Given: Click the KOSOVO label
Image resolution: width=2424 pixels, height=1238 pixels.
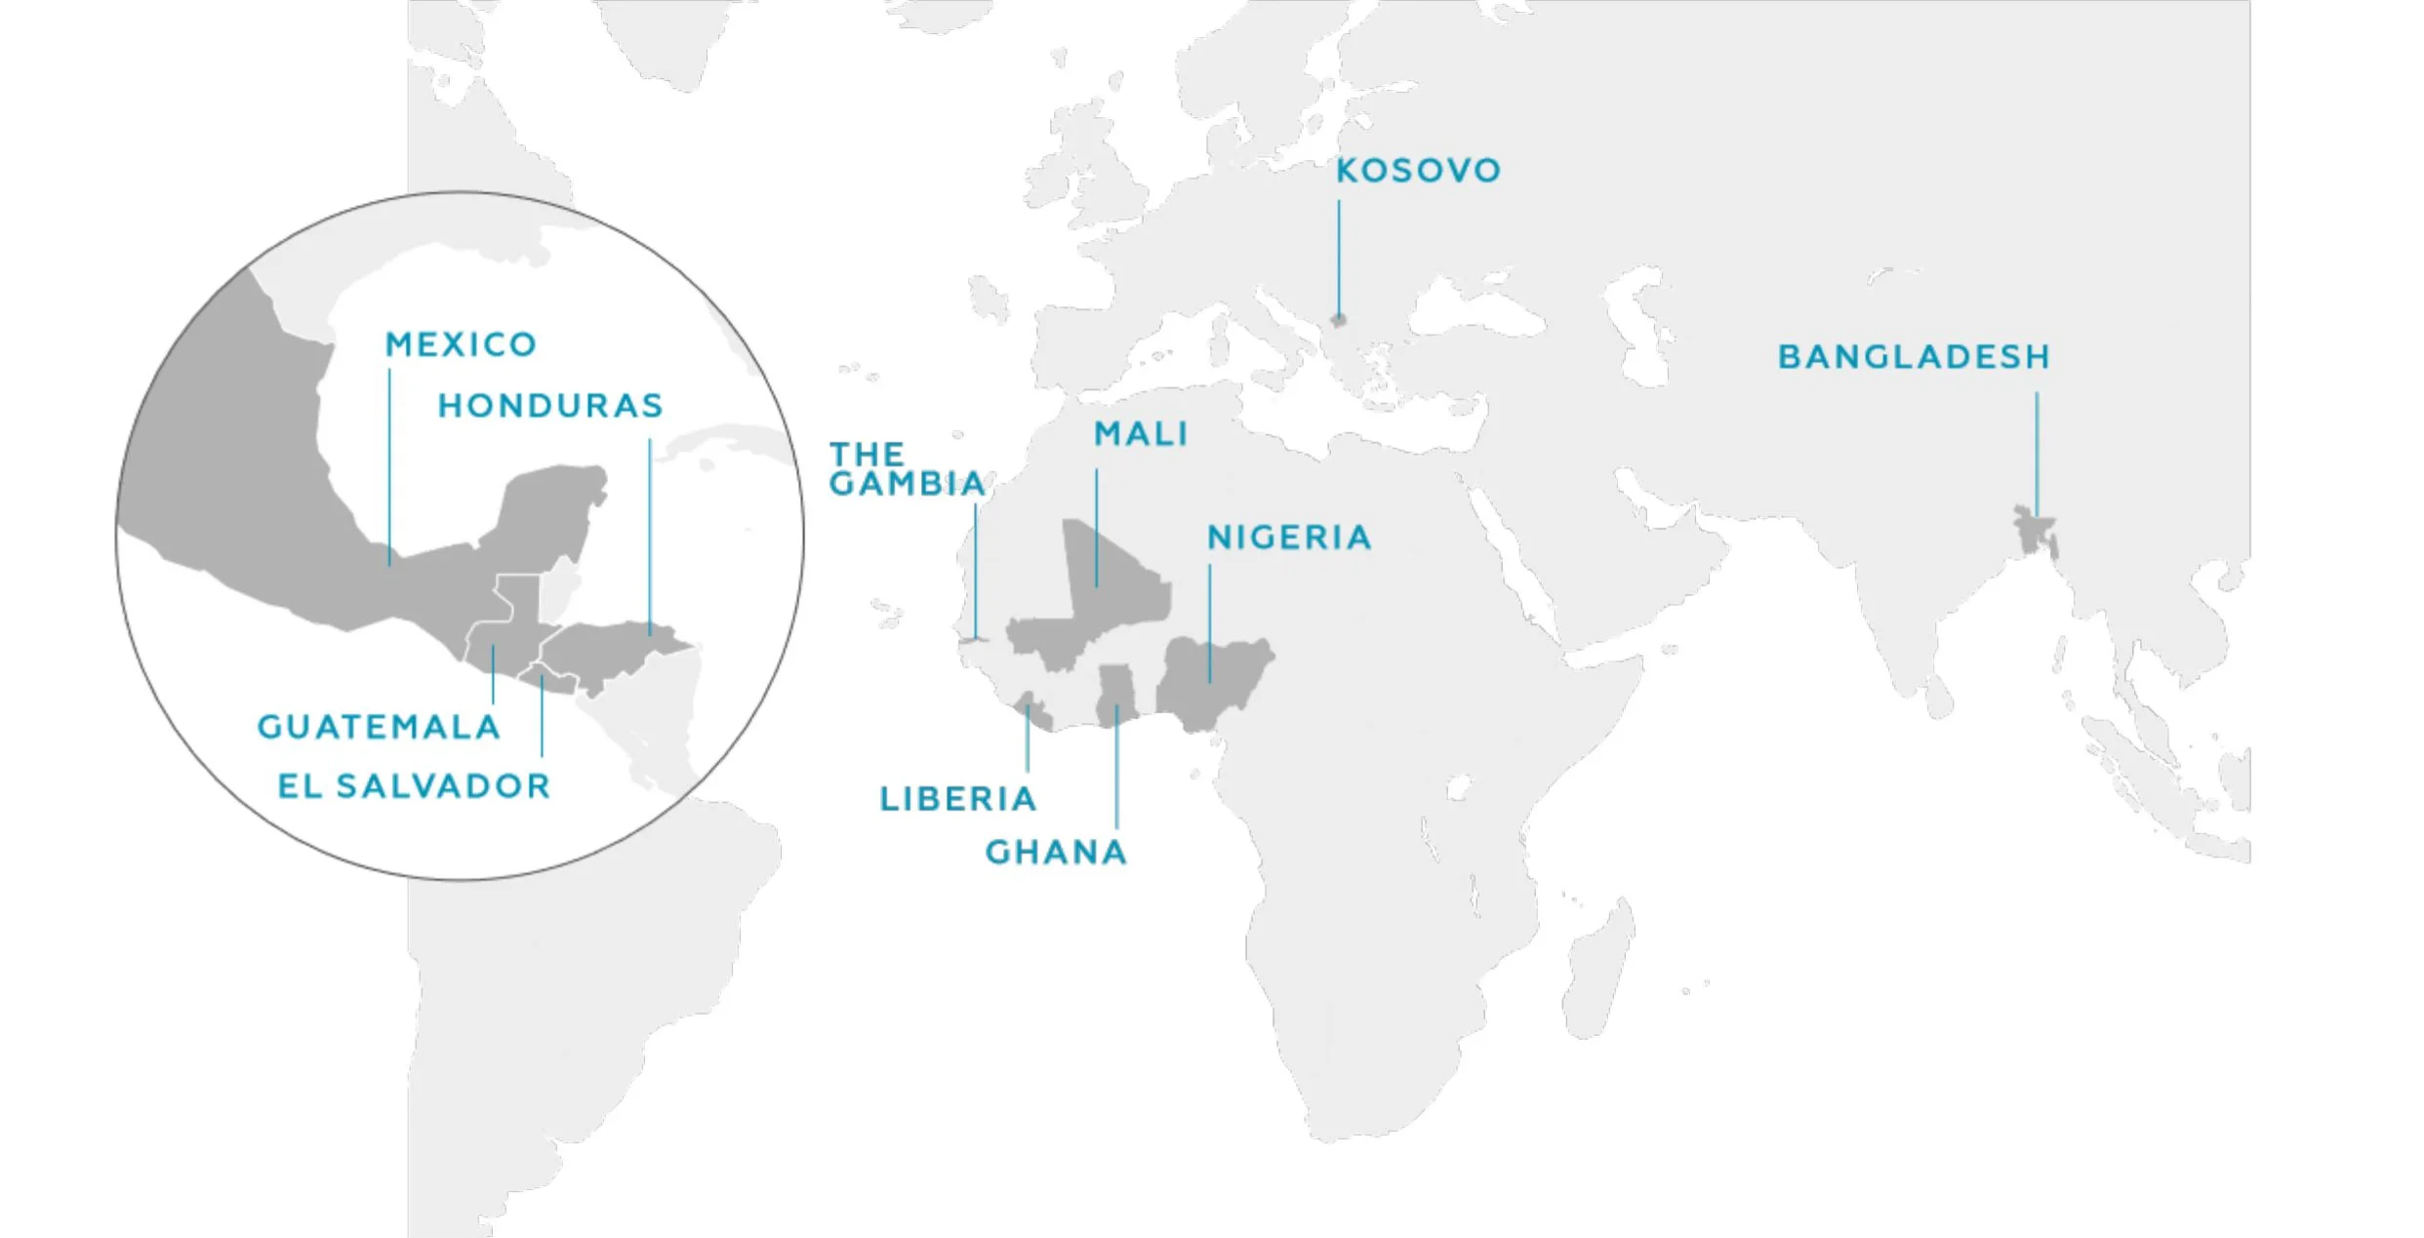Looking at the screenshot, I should click(x=1418, y=171).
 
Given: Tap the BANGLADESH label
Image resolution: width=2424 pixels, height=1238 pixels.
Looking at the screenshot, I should click(x=1914, y=357).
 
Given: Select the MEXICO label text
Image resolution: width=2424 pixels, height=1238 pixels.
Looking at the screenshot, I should click(x=461, y=344).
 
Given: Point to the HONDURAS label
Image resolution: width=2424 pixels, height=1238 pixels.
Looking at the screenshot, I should click(x=550, y=406).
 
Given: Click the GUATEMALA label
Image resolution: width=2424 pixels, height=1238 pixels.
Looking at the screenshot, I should click(x=379, y=727).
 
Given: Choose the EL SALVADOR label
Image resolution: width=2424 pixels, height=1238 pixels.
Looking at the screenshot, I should click(x=414, y=786).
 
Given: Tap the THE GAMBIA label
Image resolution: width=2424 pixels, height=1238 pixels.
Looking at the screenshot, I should click(x=907, y=469).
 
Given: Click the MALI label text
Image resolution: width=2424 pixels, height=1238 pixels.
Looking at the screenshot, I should click(x=1141, y=434).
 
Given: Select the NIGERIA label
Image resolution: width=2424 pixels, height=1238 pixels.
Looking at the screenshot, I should click(x=1289, y=538).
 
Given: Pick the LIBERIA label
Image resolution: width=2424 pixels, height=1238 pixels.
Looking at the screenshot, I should click(x=957, y=800).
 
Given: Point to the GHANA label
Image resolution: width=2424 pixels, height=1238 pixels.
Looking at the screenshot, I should click(x=1056, y=853).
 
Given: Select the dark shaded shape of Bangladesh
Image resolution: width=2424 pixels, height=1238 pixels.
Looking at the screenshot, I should click(x=2036, y=532).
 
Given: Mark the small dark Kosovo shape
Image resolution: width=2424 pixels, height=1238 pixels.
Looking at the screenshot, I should click(x=1339, y=320).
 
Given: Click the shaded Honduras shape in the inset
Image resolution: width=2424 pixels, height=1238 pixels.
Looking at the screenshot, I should click(x=605, y=649).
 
